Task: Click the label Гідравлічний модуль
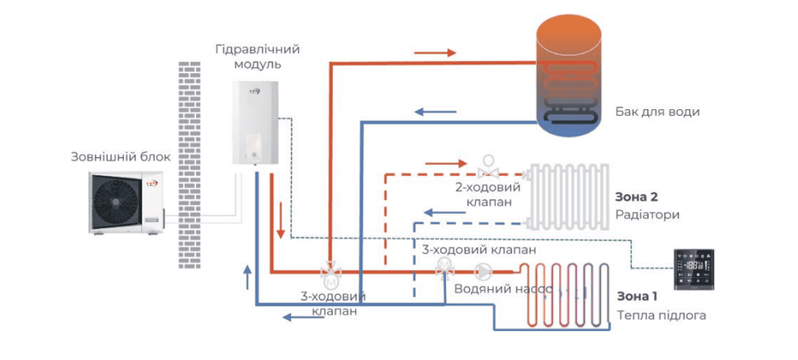click(257, 56)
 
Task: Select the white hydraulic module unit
click(254, 122)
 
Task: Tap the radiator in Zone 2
click(568, 196)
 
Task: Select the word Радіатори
click(647, 214)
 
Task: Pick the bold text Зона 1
click(637, 296)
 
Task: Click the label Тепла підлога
click(662, 316)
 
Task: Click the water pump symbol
click(483, 272)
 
